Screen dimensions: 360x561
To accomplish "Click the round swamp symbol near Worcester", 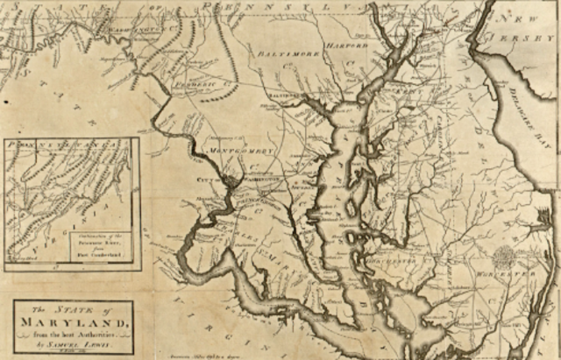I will click(504, 258).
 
